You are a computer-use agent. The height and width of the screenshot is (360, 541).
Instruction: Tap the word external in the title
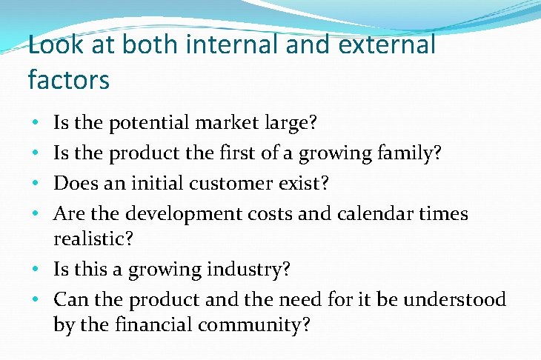[x=388, y=45]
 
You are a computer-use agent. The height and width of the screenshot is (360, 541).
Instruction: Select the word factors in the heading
[x=69, y=79]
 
